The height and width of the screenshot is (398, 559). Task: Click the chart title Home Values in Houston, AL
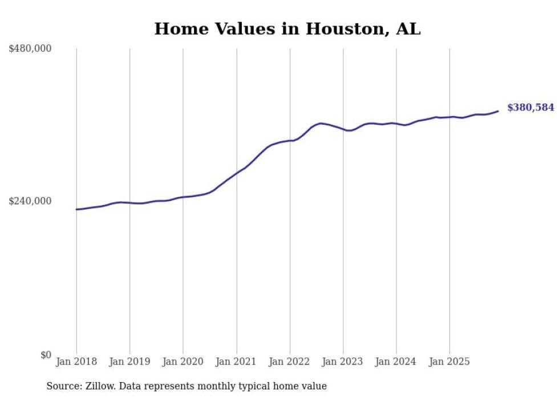287,28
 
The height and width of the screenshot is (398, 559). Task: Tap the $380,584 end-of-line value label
530,107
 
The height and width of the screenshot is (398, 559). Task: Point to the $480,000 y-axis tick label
30,48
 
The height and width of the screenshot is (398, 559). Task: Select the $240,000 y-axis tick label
30,201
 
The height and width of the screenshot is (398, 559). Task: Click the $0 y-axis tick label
46,355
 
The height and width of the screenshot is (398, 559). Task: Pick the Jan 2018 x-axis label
76,362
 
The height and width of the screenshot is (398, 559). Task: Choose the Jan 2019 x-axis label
129,362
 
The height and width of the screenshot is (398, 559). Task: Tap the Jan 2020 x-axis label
183,362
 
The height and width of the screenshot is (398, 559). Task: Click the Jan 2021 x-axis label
237,362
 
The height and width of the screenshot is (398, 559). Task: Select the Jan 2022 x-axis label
290,362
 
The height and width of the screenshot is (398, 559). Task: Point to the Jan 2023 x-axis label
343,362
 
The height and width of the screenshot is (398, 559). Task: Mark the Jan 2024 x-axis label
396,362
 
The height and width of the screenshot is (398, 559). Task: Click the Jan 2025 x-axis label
449,362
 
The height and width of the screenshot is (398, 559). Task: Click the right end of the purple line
498,111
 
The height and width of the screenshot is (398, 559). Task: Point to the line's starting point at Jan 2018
76,210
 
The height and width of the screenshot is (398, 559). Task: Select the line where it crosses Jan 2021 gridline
237,172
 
